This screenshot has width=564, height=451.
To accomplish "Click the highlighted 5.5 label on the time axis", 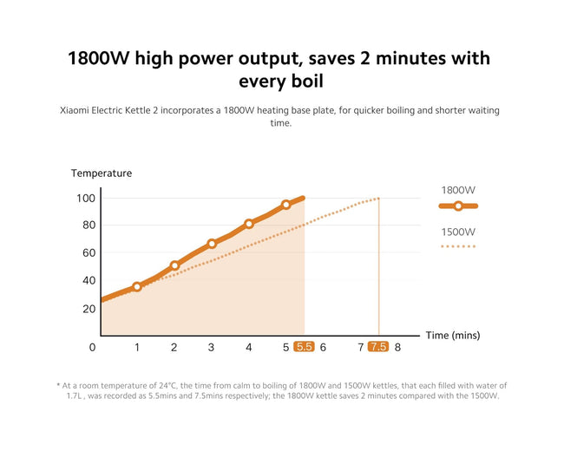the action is [x=304, y=347].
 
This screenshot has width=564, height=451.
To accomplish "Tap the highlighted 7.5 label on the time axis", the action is [x=378, y=347].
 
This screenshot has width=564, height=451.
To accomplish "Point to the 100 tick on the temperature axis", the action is [x=86, y=198].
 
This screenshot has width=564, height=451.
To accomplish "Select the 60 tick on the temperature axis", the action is [x=89, y=253].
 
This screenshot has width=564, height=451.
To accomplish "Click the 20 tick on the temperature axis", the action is [x=89, y=309].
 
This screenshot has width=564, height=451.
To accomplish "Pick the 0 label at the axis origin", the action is [x=93, y=348].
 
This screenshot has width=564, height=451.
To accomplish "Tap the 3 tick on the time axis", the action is [x=211, y=348].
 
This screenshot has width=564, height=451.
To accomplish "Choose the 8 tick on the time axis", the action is [x=397, y=348].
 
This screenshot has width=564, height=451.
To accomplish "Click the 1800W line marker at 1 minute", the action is [x=137, y=286].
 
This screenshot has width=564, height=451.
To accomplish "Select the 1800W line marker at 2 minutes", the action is [x=174, y=265].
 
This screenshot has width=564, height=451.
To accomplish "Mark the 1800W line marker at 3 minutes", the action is [x=212, y=244].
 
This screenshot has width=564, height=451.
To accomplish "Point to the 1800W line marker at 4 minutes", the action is [x=249, y=224].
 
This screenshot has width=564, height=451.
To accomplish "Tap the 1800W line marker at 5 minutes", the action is [x=286, y=205].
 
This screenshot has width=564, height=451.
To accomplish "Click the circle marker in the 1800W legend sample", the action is [x=458, y=206].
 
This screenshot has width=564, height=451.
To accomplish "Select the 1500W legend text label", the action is [x=458, y=232].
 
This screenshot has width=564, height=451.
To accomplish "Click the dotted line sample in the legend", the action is [x=458, y=246].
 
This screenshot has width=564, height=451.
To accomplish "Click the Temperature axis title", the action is [x=102, y=173].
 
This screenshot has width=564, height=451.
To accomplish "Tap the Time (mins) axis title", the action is [x=453, y=336].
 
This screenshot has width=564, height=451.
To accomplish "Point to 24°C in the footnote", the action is [x=168, y=386].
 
